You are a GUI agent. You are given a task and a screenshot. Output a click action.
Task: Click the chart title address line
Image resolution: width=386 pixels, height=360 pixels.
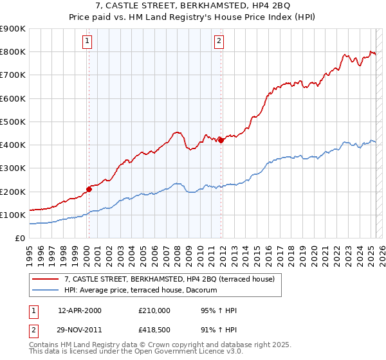[x=192, y=6]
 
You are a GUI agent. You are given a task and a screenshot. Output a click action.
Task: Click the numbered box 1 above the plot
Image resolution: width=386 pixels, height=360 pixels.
[x=87, y=42]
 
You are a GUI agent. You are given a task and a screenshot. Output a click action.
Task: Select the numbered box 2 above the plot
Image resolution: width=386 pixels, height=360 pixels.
[x=219, y=42]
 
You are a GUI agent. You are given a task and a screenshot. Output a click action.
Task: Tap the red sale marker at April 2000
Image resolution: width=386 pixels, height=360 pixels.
[x=89, y=189]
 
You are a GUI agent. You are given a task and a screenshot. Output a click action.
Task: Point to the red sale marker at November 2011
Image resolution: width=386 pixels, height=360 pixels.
[x=221, y=140]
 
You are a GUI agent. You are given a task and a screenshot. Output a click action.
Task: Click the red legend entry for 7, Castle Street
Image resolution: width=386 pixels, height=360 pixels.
[x=169, y=279]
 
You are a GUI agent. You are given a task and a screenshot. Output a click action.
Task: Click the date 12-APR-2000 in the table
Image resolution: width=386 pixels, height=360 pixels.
[x=80, y=310]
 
